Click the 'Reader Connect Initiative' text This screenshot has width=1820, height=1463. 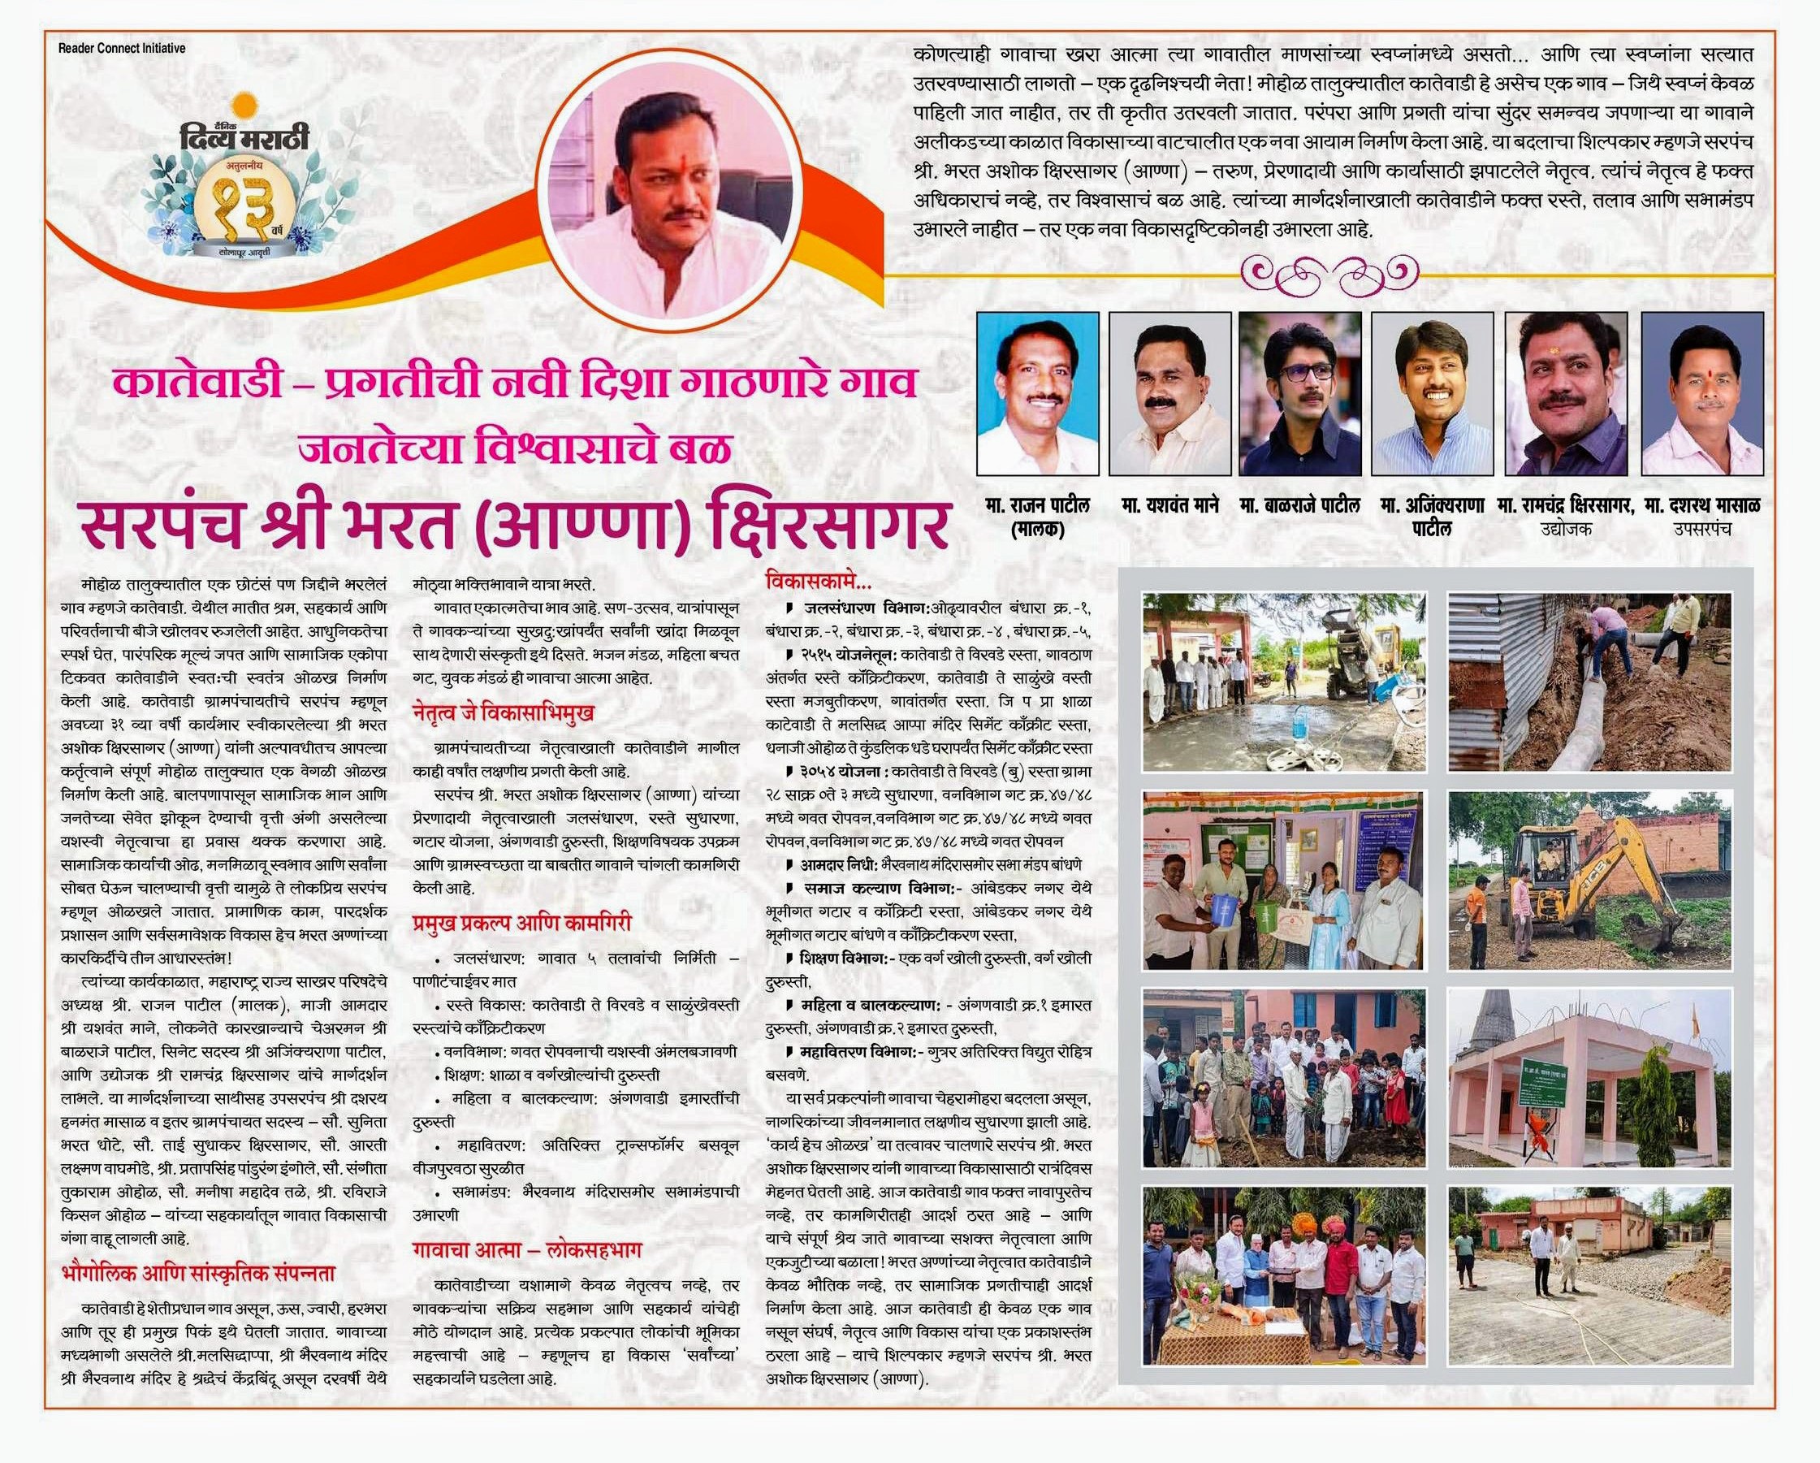point(122,49)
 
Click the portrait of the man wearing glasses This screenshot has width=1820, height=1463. point(1300,392)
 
